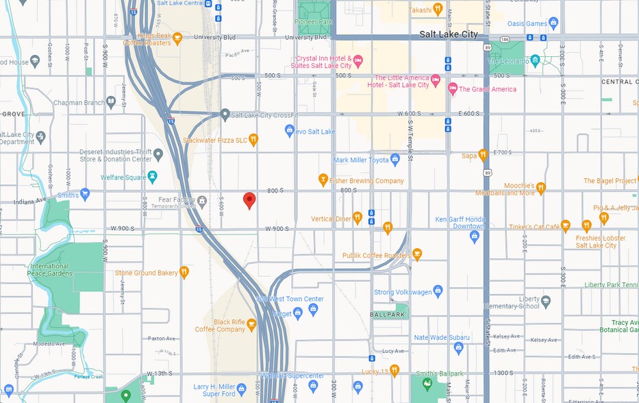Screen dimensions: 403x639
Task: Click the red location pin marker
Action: (x=249, y=199)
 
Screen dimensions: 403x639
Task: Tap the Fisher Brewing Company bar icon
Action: (x=323, y=180)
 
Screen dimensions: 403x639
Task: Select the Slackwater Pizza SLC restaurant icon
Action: (x=253, y=140)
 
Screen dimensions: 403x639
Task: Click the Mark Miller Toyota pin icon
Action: (x=394, y=160)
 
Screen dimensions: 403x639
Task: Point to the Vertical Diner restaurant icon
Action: (x=357, y=218)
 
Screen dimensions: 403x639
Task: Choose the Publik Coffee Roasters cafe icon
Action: (x=416, y=255)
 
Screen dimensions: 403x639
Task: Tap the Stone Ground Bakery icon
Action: (x=184, y=272)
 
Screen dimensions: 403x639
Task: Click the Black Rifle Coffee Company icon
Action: (x=251, y=324)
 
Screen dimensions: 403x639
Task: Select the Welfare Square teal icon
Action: (x=152, y=177)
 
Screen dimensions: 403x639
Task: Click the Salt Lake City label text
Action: (x=449, y=34)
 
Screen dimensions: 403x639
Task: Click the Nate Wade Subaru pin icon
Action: (x=459, y=347)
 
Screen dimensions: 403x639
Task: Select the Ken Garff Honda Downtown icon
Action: (x=475, y=236)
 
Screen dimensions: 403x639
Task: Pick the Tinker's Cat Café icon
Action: (x=566, y=226)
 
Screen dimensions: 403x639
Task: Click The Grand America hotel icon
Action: (x=452, y=89)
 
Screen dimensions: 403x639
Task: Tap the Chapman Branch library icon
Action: (x=111, y=102)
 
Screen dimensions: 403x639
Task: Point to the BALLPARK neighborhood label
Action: (x=388, y=315)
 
